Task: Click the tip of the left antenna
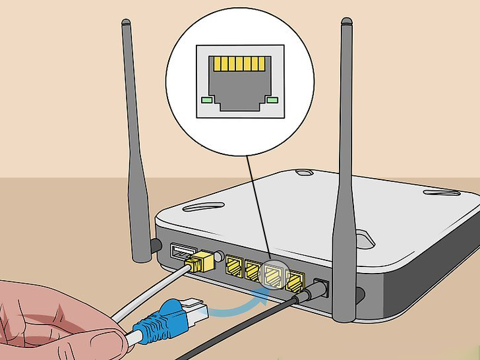[x=126, y=24]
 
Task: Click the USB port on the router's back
[x=181, y=251]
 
